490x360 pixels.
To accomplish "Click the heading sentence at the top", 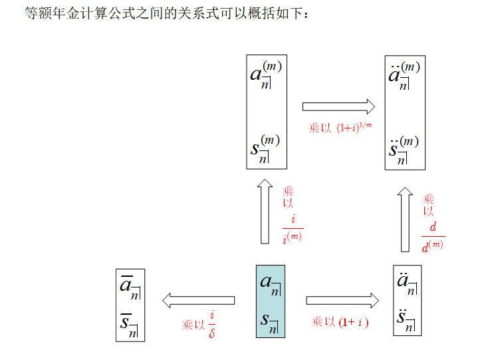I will pos(166,14).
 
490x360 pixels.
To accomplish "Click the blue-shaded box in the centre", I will pos(271,301).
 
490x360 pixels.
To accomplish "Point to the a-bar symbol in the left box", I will pos(129,287).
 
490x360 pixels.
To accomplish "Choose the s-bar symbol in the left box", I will pos(129,324).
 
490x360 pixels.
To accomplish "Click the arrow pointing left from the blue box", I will pos(198,300).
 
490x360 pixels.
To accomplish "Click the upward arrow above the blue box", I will pos(264,211).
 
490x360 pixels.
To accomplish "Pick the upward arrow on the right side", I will pos(405,220).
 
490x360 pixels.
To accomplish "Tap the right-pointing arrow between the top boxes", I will pos(338,106).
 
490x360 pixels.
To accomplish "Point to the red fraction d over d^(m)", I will pos(433,237).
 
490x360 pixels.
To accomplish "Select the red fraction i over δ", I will pos(212,323).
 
